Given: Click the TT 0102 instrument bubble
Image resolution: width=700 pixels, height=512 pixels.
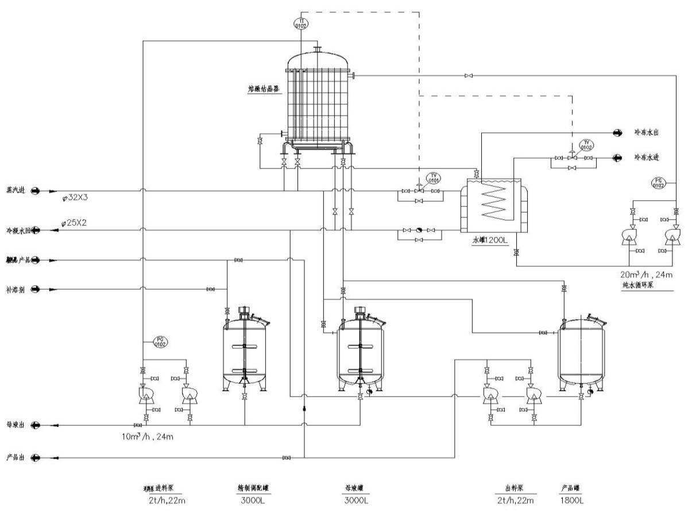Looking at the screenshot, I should click(x=300, y=22).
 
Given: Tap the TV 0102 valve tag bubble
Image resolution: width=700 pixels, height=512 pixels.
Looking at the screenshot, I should click(x=586, y=145).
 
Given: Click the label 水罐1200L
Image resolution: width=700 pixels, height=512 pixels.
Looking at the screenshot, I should click(x=490, y=241).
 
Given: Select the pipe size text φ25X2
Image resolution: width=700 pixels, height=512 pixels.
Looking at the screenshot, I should click(x=77, y=222).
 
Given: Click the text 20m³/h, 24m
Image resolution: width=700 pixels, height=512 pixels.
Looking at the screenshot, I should click(x=647, y=275).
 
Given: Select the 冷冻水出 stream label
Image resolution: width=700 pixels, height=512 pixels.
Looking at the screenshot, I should click(x=645, y=132).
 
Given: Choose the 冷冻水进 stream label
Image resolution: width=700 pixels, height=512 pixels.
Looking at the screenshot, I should click(x=645, y=157).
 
